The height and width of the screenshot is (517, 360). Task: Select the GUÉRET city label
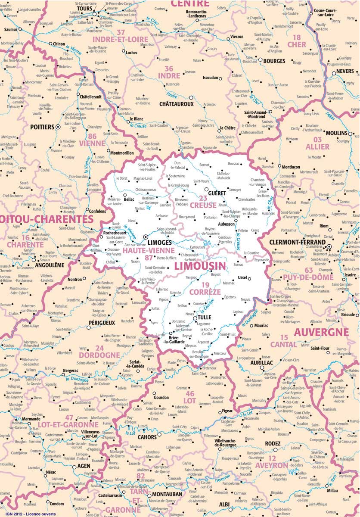[x=217, y=194]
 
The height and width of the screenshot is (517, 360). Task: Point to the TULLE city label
[x=204, y=318]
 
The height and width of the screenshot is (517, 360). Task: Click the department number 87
[x=149, y=258]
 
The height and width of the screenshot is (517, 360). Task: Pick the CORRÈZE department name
[x=205, y=292]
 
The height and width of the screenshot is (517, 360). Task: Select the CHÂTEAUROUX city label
[x=177, y=104]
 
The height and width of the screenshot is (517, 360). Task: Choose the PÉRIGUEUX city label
[x=102, y=322]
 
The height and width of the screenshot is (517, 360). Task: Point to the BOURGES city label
[x=274, y=61]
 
